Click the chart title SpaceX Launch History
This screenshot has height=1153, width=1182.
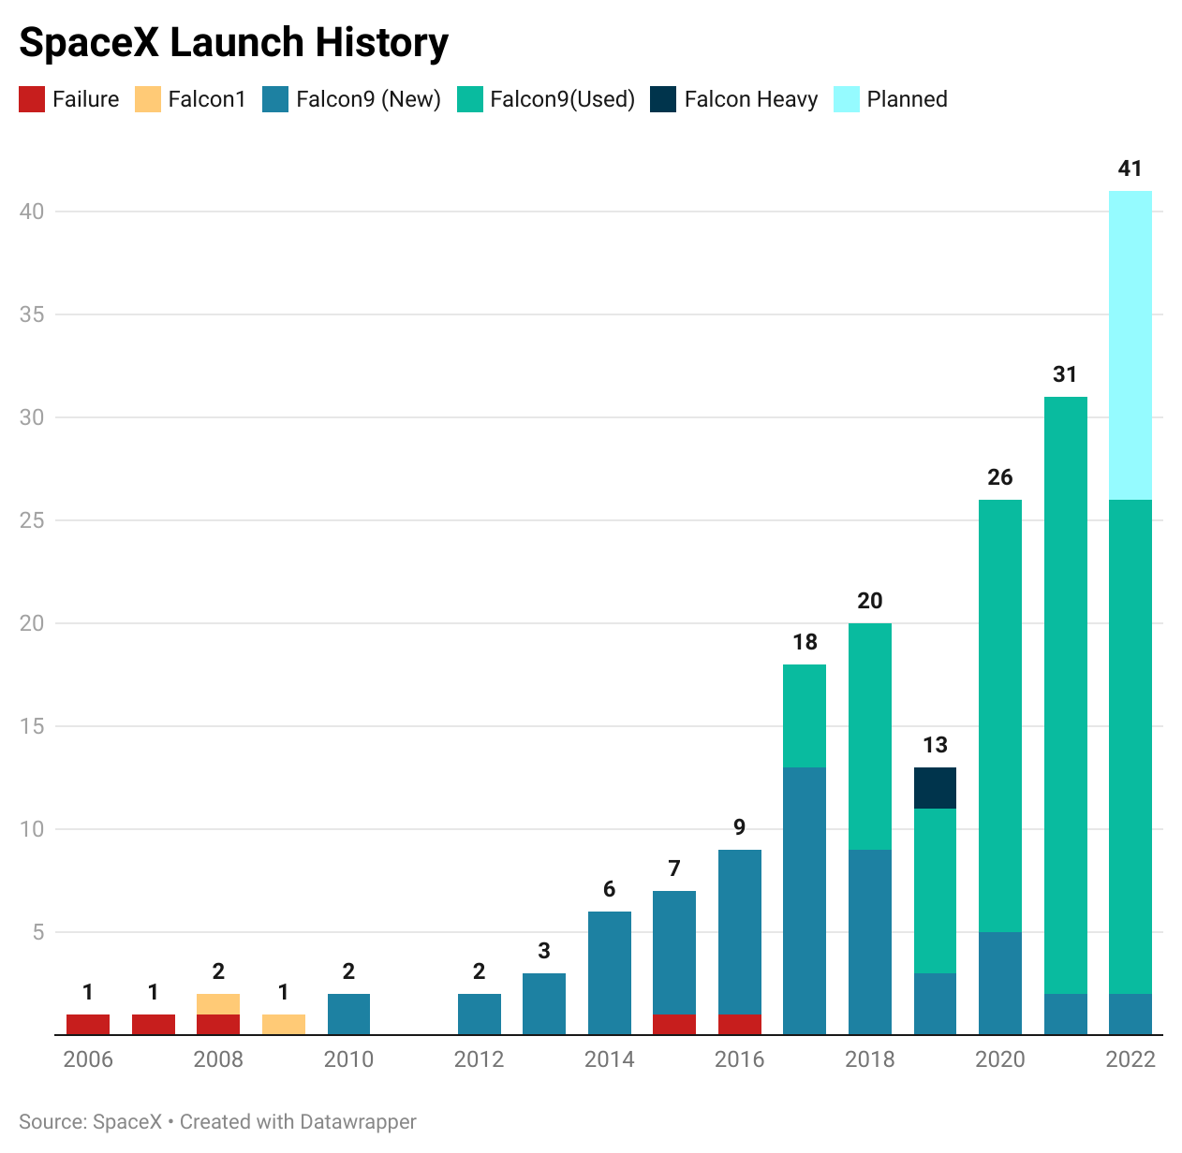[x=233, y=43]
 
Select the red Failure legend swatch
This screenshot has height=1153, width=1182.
[x=32, y=99]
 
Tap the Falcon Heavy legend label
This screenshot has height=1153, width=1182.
[x=750, y=99]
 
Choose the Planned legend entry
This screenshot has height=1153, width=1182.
[x=907, y=99]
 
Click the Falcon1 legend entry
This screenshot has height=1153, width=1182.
[x=206, y=99]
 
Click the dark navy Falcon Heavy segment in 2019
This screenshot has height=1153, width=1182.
[x=935, y=788]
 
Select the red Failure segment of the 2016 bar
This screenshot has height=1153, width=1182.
[x=739, y=1024]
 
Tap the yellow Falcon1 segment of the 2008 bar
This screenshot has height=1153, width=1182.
[x=218, y=1003]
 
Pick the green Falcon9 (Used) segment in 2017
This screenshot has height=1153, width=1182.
[x=804, y=716]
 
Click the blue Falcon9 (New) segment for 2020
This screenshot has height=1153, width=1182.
[x=999, y=983]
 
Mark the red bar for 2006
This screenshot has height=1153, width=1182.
[x=88, y=1024]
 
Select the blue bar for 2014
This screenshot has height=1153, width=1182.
[x=609, y=973]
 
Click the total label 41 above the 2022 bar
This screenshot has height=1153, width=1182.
[x=1130, y=168]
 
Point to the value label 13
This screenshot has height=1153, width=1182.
[x=935, y=745]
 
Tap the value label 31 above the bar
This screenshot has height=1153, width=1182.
[x=1064, y=374]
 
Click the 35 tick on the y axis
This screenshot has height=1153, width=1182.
[x=32, y=314]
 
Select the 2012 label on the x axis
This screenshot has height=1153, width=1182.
[x=479, y=1059]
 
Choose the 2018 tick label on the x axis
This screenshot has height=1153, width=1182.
[x=869, y=1059]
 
